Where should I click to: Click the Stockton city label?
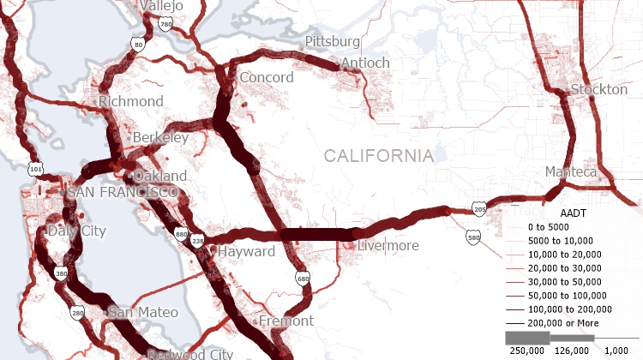pos(593,89)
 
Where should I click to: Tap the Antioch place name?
pos(365,63)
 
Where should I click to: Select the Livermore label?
pos(388,246)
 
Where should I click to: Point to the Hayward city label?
pos(246,252)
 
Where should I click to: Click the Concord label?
pos(266,77)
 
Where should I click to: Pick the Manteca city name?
pos(571,172)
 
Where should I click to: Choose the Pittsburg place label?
pos(333,41)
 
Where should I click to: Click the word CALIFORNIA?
pos(378,156)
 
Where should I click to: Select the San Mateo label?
pos(143,312)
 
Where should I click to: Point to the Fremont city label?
pos(285,321)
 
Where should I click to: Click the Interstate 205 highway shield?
pos(479,209)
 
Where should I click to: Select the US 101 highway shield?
pos(35,169)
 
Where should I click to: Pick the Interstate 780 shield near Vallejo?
pos(165,27)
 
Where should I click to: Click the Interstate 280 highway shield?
pos(78,314)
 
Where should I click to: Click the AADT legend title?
pos(572,212)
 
